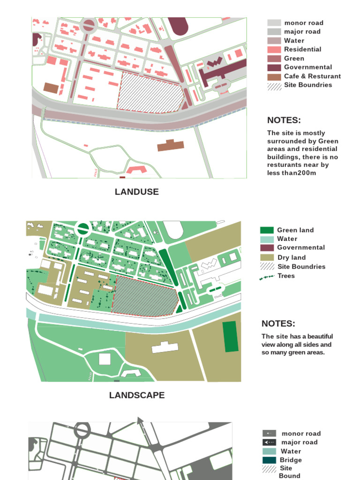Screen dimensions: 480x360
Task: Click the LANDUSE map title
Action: (136, 192)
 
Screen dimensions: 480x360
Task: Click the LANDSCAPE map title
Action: (136, 395)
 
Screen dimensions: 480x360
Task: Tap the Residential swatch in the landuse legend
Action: (274, 50)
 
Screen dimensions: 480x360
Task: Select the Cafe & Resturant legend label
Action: (312, 76)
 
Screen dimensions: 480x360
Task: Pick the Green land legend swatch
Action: (267, 230)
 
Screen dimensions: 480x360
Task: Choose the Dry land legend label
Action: (291, 257)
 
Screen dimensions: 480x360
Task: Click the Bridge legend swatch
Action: (269, 460)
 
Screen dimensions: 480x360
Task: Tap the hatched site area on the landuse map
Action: (149, 92)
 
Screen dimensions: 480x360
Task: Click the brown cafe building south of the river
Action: (171, 146)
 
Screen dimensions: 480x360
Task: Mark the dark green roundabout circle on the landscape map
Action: (83, 229)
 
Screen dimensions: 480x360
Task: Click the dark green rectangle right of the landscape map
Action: (230, 337)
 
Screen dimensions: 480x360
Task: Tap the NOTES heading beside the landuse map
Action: (284, 120)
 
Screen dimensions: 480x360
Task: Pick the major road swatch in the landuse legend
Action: (274, 32)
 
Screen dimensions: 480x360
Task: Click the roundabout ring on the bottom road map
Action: (82, 429)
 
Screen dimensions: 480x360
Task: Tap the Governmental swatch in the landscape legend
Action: (267, 247)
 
